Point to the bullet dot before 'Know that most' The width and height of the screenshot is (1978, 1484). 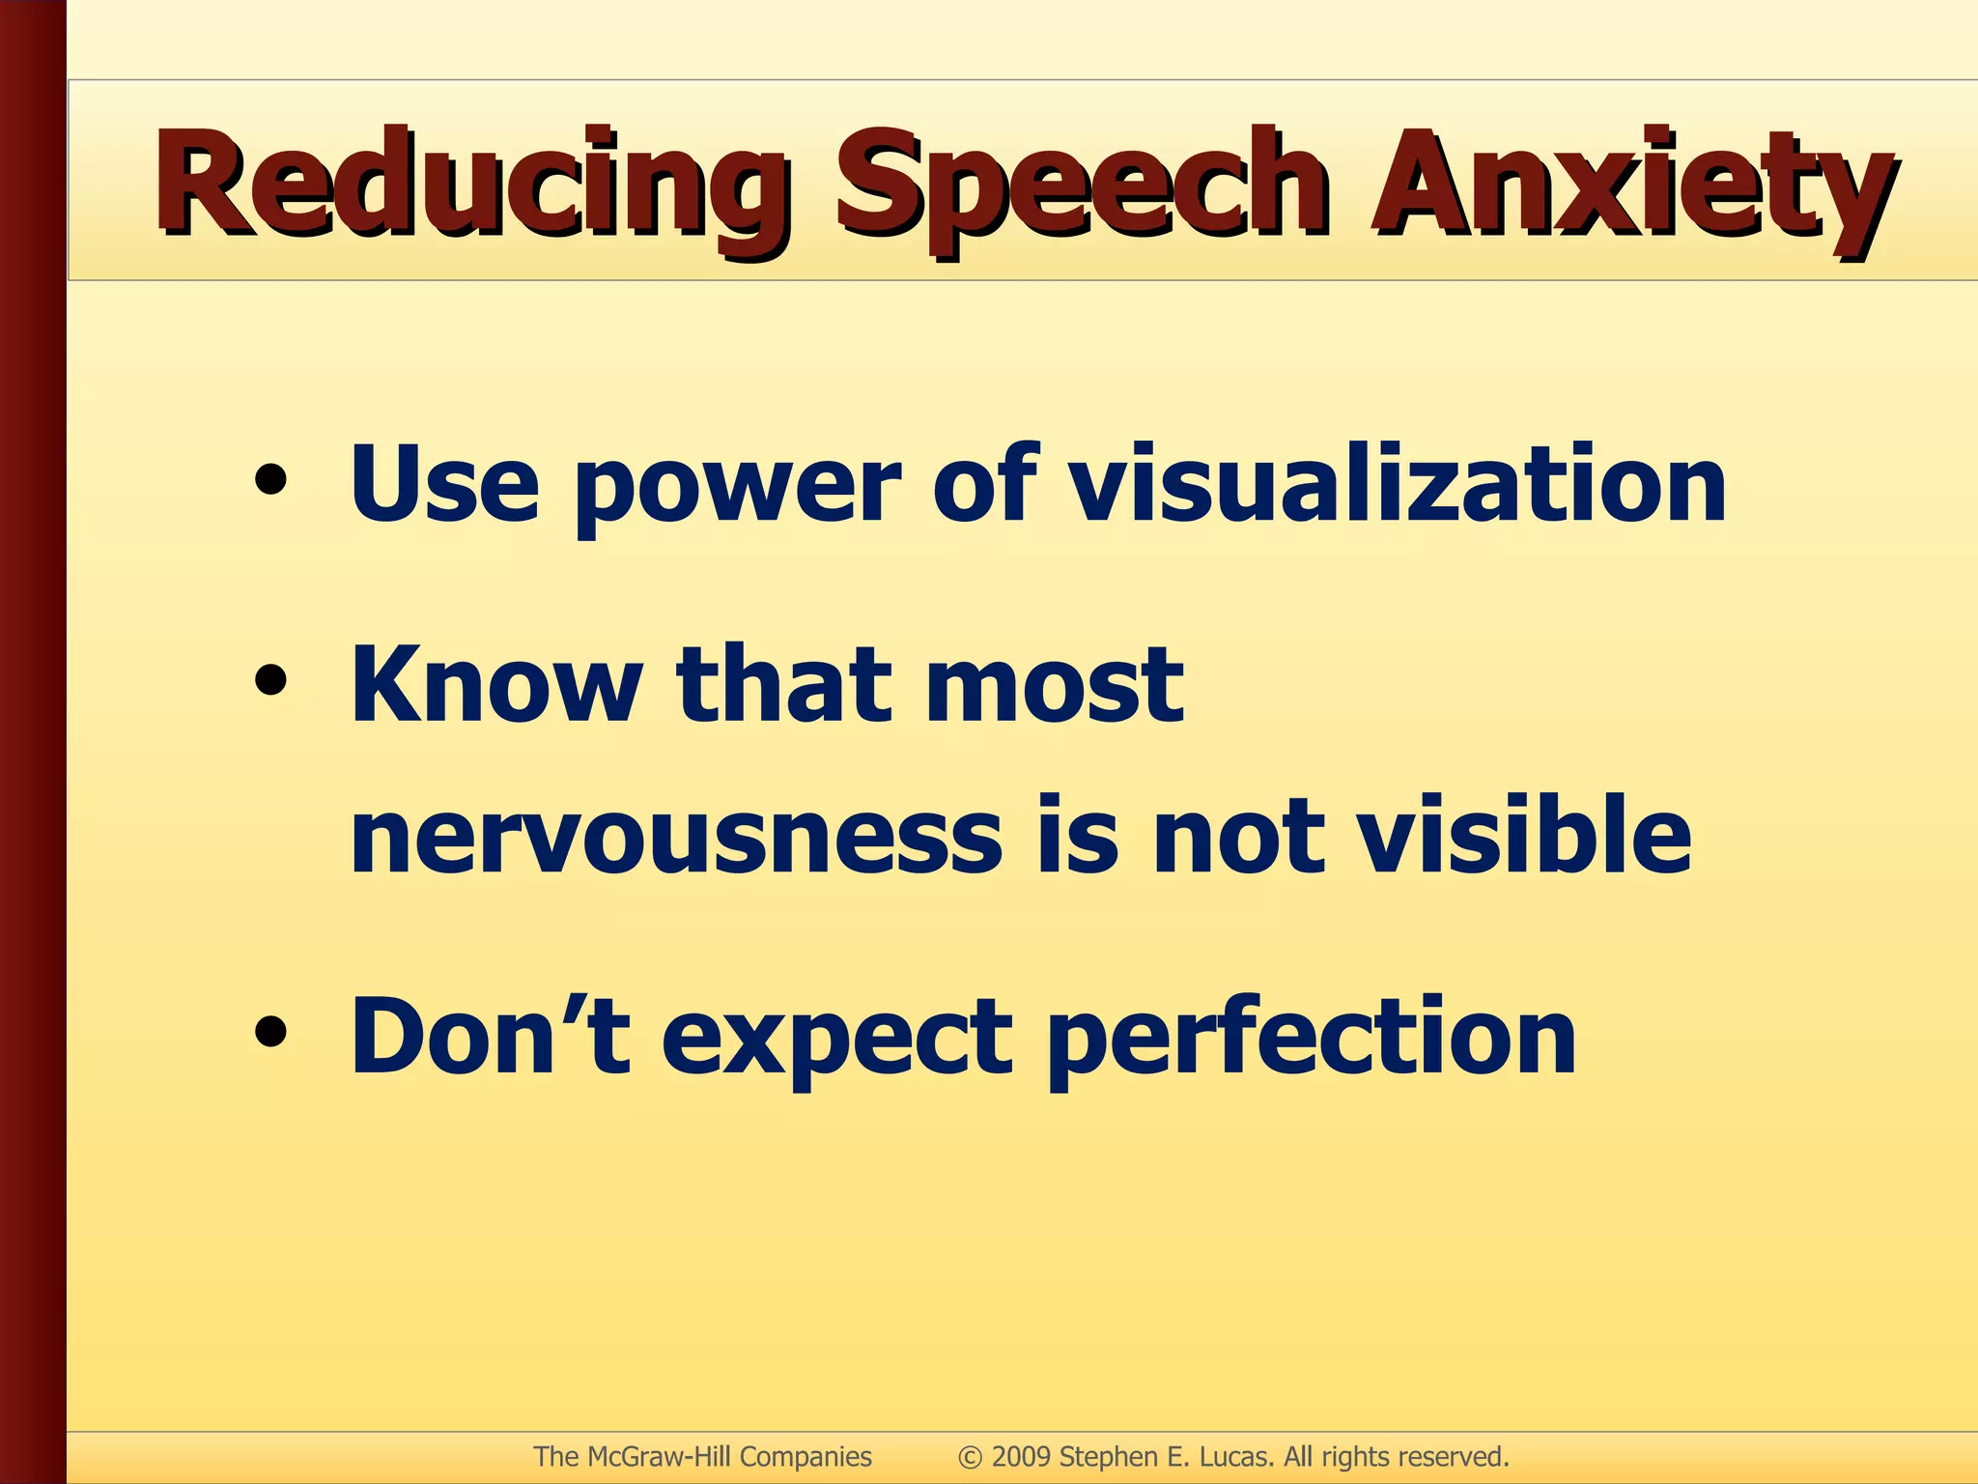pyautogui.click(x=271, y=682)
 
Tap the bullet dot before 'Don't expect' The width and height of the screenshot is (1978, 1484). pyautogui.click(x=271, y=1033)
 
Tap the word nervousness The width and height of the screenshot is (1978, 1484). pyautogui.click(x=676, y=837)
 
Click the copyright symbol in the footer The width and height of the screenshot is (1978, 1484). pyautogui.click(x=970, y=1457)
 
